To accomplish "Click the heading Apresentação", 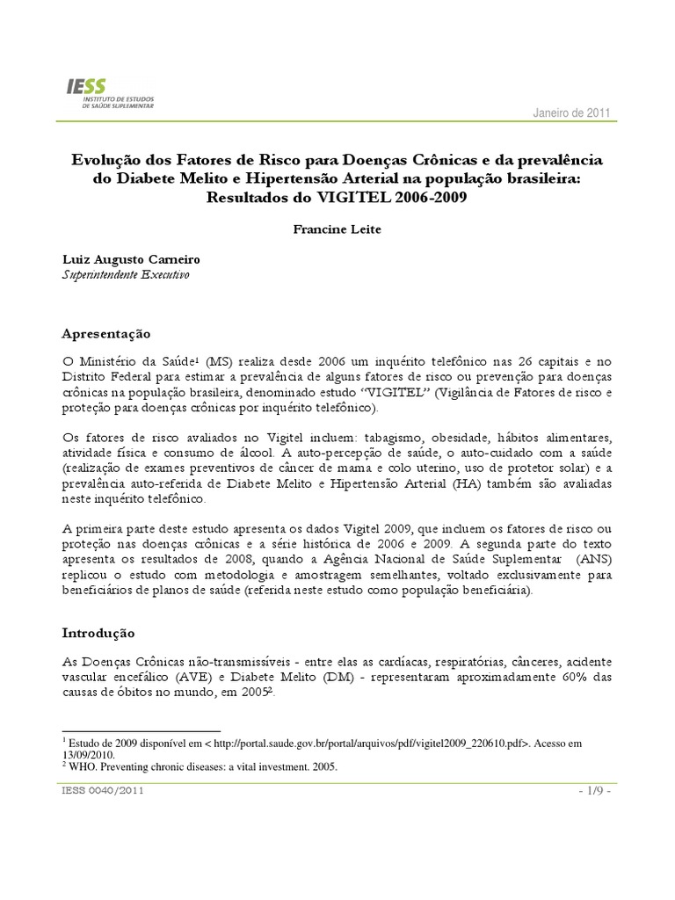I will [106, 334].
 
